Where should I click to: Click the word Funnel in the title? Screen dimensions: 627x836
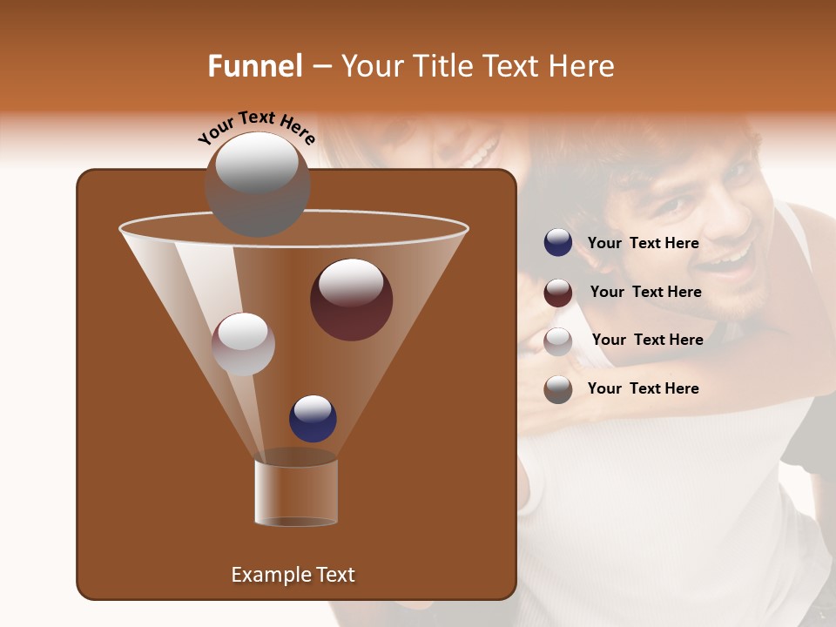pos(254,66)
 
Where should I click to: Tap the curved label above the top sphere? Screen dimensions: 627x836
pos(257,128)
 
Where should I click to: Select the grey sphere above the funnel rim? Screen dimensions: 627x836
pos(257,184)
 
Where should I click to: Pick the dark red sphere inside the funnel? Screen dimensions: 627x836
pos(351,300)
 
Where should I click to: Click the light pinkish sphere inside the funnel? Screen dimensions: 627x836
pos(243,344)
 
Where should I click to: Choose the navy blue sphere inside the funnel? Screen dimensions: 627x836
pos(313,419)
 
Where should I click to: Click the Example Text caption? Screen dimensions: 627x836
pos(293,575)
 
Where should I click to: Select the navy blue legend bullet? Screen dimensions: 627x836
pos(558,243)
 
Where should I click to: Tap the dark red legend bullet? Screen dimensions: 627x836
pos(558,292)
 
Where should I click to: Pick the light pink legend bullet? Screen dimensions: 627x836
pos(558,340)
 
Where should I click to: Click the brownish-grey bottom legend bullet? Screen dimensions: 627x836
pos(558,389)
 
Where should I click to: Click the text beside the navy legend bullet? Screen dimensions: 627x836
pos(643,243)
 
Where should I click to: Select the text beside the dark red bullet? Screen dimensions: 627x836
pos(645,292)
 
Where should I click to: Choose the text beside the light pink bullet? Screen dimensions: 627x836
pos(647,340)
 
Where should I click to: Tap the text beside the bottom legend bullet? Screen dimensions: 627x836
pos(643,388)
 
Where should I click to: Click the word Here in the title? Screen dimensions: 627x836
pos(583,66)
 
